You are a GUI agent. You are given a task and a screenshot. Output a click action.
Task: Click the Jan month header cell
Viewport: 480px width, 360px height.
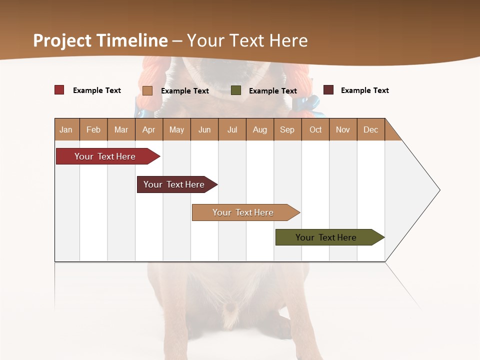click(66, 129)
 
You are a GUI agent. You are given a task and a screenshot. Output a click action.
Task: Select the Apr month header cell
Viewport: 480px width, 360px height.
click(149, 129)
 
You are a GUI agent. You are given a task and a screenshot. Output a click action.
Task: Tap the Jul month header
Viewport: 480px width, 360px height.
click(232, 129)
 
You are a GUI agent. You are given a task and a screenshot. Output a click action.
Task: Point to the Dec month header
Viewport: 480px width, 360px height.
click(370, 129)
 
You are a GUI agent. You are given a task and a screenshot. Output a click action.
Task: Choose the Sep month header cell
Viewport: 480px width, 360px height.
click(287, 129)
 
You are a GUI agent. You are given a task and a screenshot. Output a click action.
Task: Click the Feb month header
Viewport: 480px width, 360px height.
click(93, 129)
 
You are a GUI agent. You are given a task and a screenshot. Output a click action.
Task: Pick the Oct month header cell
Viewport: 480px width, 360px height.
click(315, 129)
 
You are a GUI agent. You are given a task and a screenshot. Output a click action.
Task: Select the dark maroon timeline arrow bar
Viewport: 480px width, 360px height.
click(175, 184)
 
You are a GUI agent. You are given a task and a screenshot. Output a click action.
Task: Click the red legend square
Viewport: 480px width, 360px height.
click(59, 90)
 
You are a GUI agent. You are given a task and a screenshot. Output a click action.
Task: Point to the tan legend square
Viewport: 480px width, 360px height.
click(147, 90)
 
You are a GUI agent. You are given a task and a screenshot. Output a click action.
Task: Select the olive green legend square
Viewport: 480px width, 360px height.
click(236, 90)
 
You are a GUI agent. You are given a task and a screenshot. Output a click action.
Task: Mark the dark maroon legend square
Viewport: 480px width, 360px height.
click(328, 90)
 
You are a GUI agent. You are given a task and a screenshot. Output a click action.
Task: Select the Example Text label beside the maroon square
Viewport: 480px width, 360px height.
click(364, 90)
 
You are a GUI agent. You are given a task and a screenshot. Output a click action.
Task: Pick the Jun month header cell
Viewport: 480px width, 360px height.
click(204, 129)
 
